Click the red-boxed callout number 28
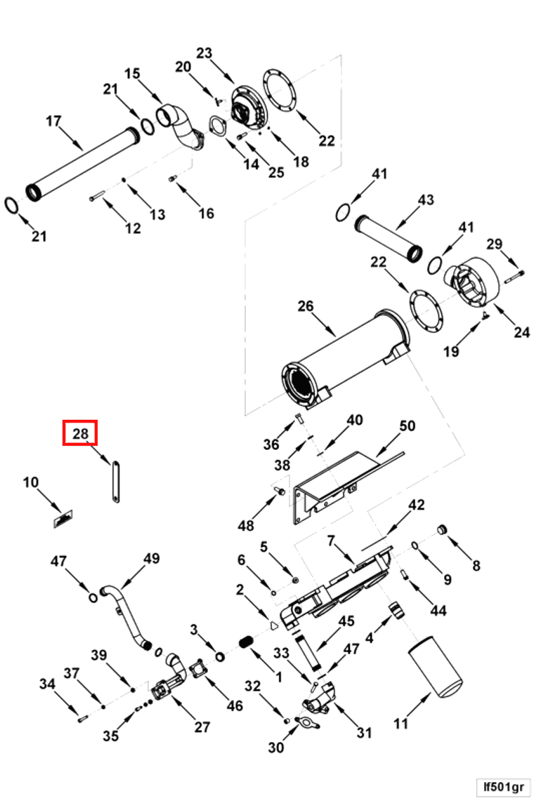[80, 433]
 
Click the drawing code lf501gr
[502, 786]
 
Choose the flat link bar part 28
[112, 481]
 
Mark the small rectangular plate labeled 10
[64, 519]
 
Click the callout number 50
[408, 426]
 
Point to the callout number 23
[204, 53]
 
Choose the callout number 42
[417, 505]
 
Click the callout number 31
[363, 733]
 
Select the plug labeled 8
[443, 529]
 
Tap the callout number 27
[202, 727]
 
